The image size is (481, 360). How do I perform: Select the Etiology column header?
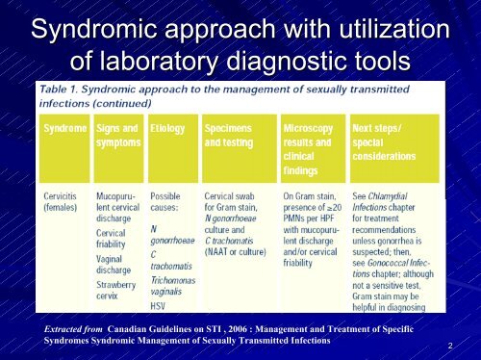click(x=167, y=127)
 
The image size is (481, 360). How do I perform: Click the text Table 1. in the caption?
click(x=65, y=90)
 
